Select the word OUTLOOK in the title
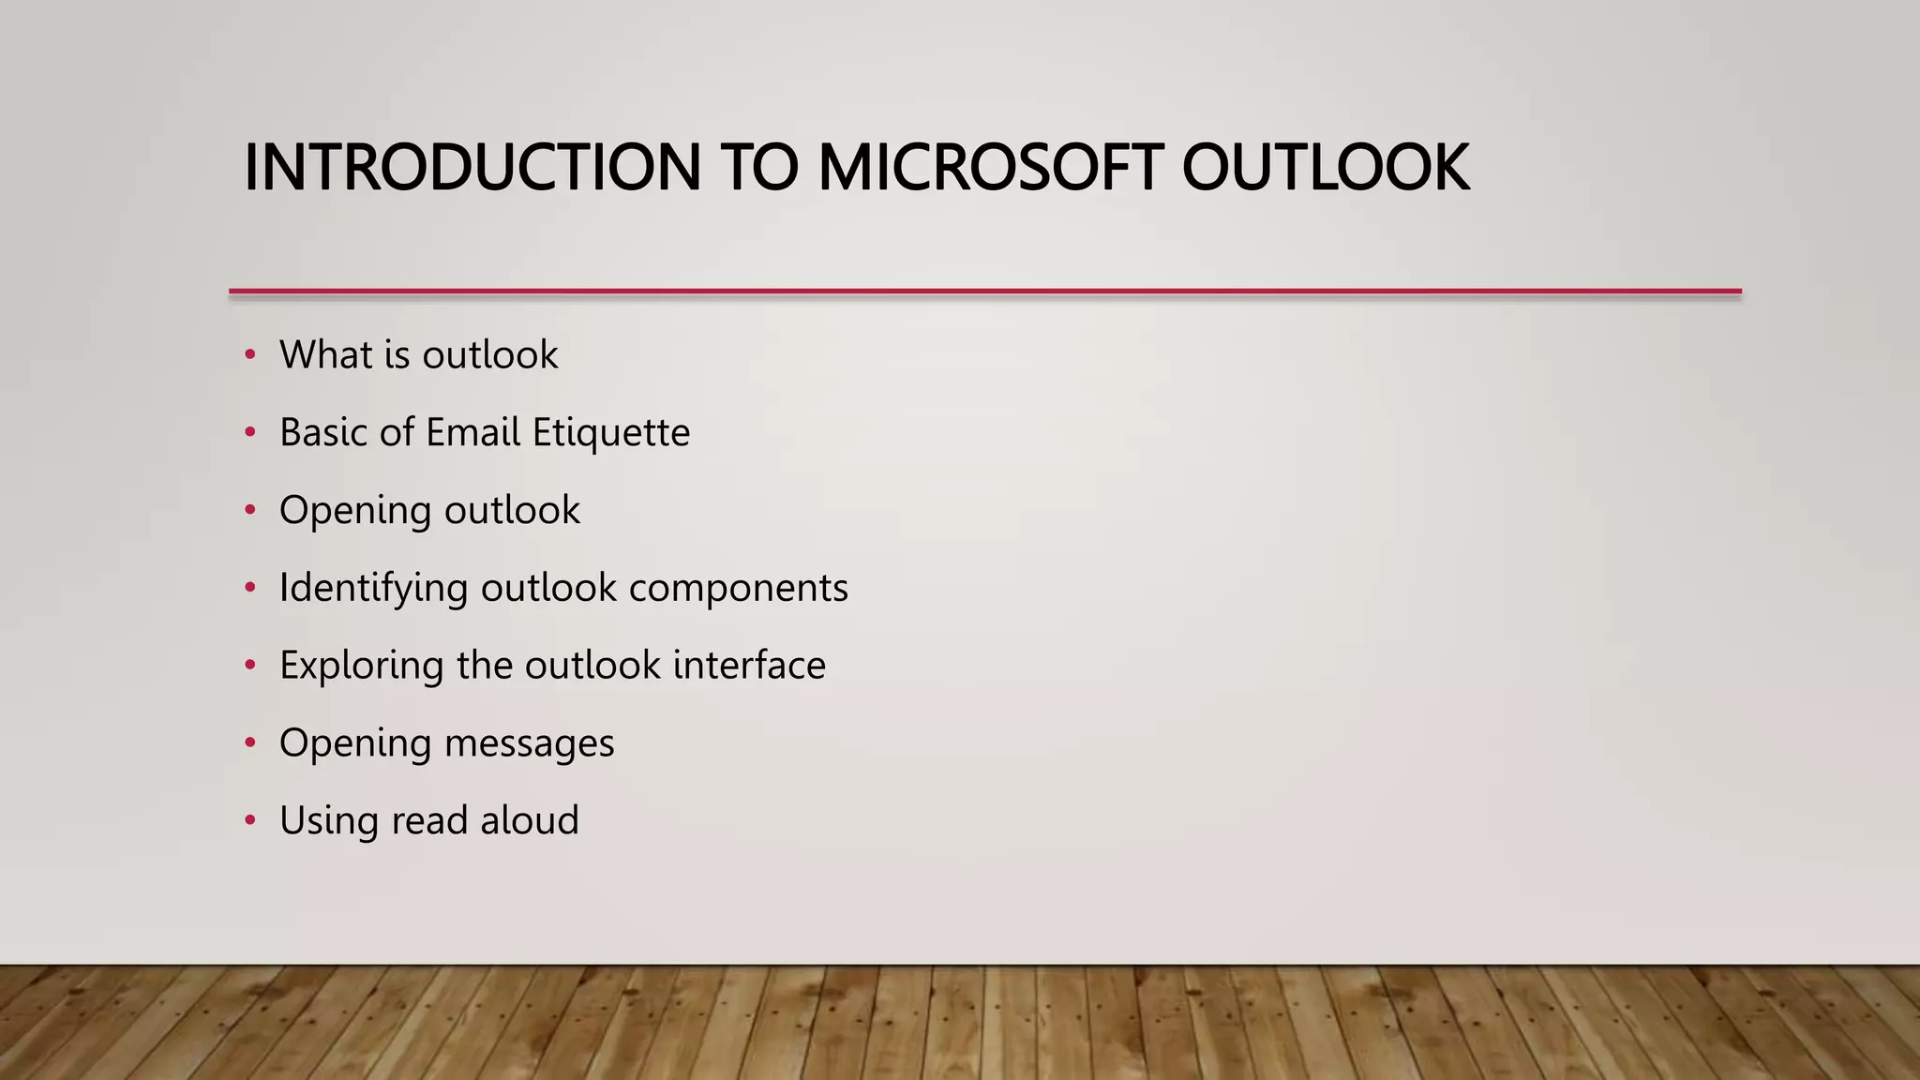1325,168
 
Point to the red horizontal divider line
984,292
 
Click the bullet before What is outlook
249,354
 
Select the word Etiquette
610,433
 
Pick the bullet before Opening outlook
249,510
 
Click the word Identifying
373,589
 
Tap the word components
738,589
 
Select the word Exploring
361,667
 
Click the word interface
749,665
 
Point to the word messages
529,743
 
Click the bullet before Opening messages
249,742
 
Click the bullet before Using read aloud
249,820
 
